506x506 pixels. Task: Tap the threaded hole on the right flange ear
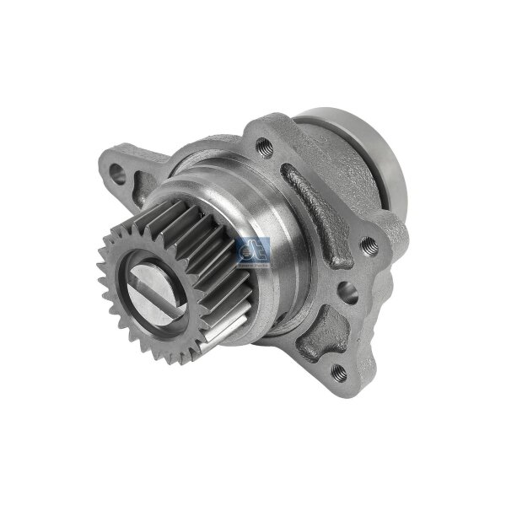[368, 245]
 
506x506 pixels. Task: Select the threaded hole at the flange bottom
[338, 371]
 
